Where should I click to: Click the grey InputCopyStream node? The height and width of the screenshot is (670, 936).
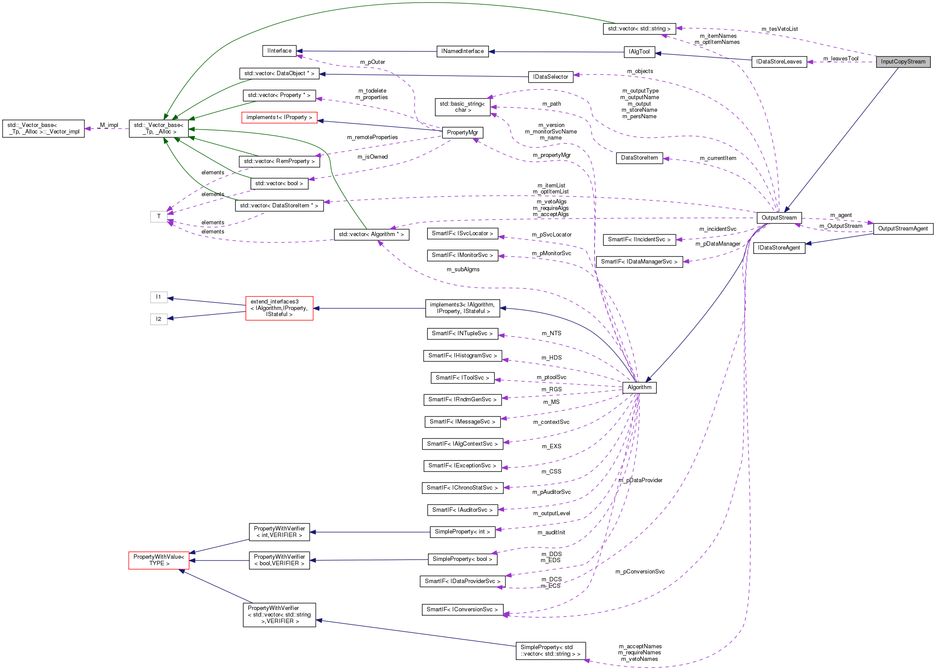903,62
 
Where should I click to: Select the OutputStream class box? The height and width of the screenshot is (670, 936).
779,218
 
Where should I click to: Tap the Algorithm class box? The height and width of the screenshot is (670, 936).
639,387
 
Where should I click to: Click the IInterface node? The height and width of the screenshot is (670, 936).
279,51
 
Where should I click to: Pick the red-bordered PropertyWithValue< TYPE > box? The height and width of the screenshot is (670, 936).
159,560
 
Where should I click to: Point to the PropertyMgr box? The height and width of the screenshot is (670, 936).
462,133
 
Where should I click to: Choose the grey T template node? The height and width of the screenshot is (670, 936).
159,217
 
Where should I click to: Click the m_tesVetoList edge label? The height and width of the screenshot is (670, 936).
779,29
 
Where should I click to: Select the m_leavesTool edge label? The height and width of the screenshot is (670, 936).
840,59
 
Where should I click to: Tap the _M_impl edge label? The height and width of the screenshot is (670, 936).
108,125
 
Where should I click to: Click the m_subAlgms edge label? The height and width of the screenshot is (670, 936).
463,270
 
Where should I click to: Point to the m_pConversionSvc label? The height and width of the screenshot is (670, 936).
639,572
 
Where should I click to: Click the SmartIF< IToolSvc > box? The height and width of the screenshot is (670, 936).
462,378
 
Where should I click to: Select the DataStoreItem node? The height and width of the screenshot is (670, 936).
639,158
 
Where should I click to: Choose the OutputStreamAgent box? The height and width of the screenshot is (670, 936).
903,229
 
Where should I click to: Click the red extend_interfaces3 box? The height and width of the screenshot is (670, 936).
279,308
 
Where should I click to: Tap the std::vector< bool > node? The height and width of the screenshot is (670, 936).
279,183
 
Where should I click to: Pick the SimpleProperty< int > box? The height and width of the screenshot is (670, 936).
462,532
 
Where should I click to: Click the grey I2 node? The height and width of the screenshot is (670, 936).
159,319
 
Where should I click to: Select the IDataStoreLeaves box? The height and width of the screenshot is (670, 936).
779,62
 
